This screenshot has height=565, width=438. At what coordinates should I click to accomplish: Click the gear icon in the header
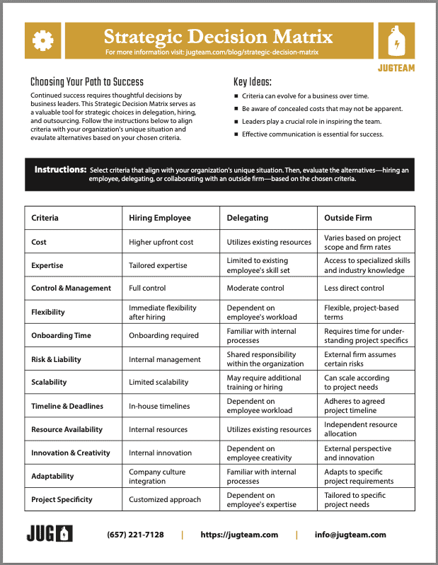[x=43, y=42]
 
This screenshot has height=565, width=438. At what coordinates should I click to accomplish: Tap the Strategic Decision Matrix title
[x=218, y=37]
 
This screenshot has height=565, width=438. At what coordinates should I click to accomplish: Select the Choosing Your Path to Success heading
[x=87, y=81]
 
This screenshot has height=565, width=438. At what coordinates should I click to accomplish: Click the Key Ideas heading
[x=253, y=81]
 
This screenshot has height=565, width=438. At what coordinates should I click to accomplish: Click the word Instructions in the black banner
[x=60, y=170]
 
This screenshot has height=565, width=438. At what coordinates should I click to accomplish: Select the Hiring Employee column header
[x=159, y=218]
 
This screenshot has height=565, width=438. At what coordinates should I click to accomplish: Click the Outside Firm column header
[x=348, y=218]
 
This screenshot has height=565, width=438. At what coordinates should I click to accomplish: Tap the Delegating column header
[x=247, y=218]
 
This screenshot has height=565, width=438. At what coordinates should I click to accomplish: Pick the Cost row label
[x=39, y=242]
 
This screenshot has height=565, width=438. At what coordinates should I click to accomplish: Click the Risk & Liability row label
[x=56, y=359]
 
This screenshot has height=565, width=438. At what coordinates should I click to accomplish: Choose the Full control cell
[x=147, y=289]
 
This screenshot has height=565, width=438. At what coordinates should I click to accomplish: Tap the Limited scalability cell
[x=159, y=383]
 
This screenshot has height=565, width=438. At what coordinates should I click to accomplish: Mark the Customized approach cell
[x=164, y=499]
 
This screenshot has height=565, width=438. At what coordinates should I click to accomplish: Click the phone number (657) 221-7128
[x=135, y=535]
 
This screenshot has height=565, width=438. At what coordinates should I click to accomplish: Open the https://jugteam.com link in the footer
[x=239, y=535]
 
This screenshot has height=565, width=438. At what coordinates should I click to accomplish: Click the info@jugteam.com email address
[x=350, y=535]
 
